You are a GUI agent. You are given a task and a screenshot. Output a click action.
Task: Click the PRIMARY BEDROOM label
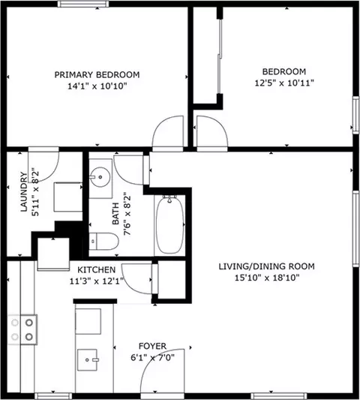(x=97, y=75)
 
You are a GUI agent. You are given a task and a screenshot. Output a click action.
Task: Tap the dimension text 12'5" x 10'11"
(x=284, y=83)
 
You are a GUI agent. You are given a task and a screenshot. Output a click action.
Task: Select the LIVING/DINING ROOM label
(x=267, y=266)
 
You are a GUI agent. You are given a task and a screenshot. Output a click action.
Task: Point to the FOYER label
(x=152, y=346)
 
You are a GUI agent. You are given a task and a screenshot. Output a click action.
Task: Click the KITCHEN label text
(x=96, y=269)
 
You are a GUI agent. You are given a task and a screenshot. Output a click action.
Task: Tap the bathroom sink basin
(x=100, y=177)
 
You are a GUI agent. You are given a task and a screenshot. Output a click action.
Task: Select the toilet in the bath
(x=103, y=241)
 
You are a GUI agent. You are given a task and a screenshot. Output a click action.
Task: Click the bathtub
(x=169, y=224)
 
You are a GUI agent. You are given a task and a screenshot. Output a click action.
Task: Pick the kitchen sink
(x=88, y=359)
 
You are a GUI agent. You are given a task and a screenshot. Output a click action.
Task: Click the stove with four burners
(x=22, y=329)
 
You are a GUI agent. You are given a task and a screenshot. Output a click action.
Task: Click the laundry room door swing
(x=43, y=165)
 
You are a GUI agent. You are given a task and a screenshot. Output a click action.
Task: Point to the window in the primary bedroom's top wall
(x=83, y=4)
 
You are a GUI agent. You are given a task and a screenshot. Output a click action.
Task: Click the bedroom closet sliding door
(x=220, y=56)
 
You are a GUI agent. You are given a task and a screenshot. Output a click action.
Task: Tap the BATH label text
(x=115, y=214)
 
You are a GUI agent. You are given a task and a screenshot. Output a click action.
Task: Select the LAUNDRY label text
(x=24, y=192)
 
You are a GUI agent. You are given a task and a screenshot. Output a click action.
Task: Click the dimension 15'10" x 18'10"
(x=267, y=278)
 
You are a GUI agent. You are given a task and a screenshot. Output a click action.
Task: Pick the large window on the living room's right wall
(x=356, y=229)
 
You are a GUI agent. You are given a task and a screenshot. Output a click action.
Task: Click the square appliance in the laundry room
(x=67, y=197)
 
